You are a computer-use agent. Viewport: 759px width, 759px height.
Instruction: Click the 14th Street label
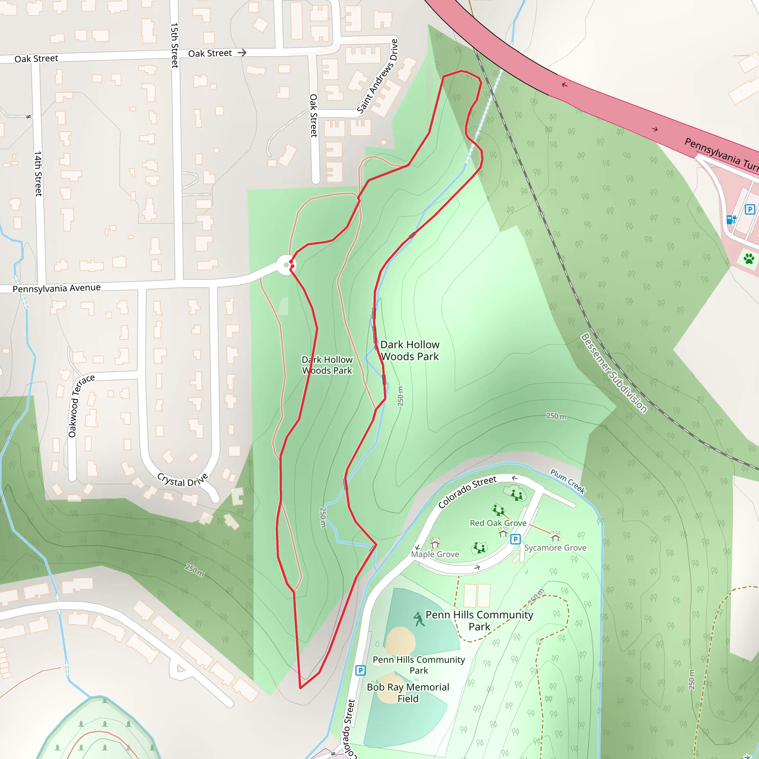point(38,174)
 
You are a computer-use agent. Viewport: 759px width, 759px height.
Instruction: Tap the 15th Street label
point(175,45)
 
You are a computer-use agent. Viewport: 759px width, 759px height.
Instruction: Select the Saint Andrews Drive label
point(378,76)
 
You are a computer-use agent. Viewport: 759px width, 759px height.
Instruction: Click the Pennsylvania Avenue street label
point(57,288)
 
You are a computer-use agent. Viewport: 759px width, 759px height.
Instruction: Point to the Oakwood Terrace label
point(80,406)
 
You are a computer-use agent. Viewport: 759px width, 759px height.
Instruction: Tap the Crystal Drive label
point(182,480)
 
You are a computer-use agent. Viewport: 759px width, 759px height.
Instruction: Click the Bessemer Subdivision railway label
point(614,373)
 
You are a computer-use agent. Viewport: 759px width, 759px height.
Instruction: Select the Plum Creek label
point(568,481)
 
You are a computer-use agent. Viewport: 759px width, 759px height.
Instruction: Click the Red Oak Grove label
point(498,523)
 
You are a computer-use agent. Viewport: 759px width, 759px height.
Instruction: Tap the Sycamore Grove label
point(555,548)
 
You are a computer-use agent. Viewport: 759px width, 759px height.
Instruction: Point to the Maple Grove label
point(435,554)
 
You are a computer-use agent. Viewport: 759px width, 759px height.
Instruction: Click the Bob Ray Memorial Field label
point(408,693)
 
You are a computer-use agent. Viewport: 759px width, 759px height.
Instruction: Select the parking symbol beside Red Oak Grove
point(516,539)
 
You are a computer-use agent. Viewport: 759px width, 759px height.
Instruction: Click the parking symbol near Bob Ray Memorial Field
point(360,670)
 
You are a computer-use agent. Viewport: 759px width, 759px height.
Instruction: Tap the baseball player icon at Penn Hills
point(419,619)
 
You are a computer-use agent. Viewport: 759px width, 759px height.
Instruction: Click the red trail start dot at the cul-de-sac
point(291,262)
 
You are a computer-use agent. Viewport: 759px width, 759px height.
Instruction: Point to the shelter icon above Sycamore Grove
point(555,536)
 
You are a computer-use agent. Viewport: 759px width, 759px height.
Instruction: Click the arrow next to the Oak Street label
point(242,52)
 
